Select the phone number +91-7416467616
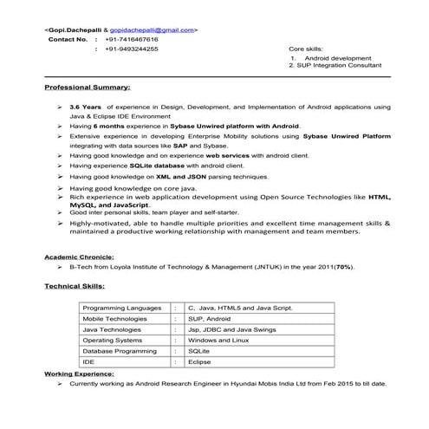[x=131, y=40]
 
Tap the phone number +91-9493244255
[x=131, y=49]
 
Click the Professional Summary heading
[x=88, y=88]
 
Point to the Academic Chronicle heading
[x=79, y=257]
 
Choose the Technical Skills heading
[x=75, y=285]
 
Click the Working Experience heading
[x=79, y=373]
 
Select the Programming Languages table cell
[x=121, y=308]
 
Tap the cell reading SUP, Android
[x=208, y=319]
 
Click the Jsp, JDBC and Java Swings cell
[x=229, y=329]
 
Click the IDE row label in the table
[x=88, y=362]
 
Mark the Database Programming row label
[x=120, y=351]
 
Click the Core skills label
[x=307, y=49]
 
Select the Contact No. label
[x=68, y=40]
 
